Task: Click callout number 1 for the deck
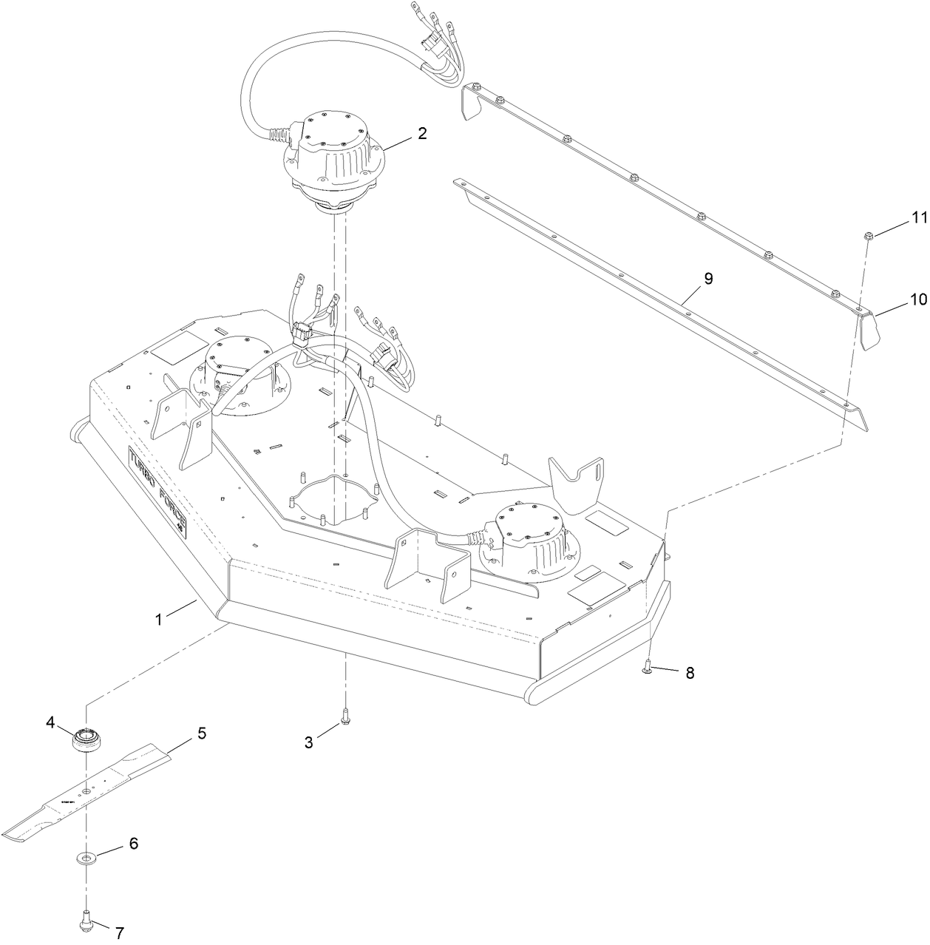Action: pos(158,619)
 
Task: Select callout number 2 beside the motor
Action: pos(421,134)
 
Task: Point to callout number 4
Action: pos(51,724)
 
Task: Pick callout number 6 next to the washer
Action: pos(134,843)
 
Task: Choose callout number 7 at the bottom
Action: pos(120,933)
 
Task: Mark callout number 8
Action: pos(690,673)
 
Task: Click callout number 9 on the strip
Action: pos(707,279)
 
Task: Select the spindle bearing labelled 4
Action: pos(86,740)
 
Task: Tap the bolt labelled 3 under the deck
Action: pos(345,715)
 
